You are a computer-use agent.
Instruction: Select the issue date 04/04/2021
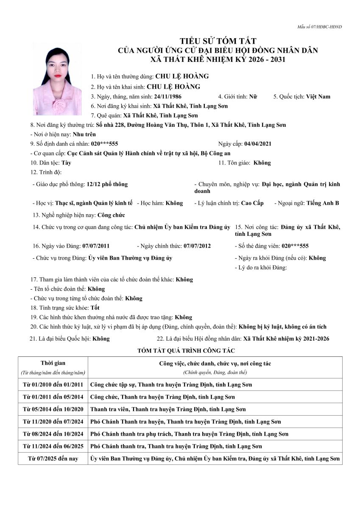(258, 144)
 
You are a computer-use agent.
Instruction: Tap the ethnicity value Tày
(66, 163)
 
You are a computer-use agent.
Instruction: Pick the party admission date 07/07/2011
(96, 246)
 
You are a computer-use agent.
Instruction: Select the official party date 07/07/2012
(197, 246)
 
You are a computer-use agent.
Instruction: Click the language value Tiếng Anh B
(322, 203)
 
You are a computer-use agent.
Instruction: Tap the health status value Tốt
(95, 308)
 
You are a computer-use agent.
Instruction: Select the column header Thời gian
(53, 364)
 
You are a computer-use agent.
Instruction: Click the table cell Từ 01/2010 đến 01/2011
(53, 385)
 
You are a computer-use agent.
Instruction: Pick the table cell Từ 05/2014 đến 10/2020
(53, 409)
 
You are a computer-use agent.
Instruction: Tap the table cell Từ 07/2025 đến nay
(53, 459)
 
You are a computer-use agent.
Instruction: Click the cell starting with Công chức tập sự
(171, 385)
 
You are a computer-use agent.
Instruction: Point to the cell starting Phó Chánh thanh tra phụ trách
(189, 434)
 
